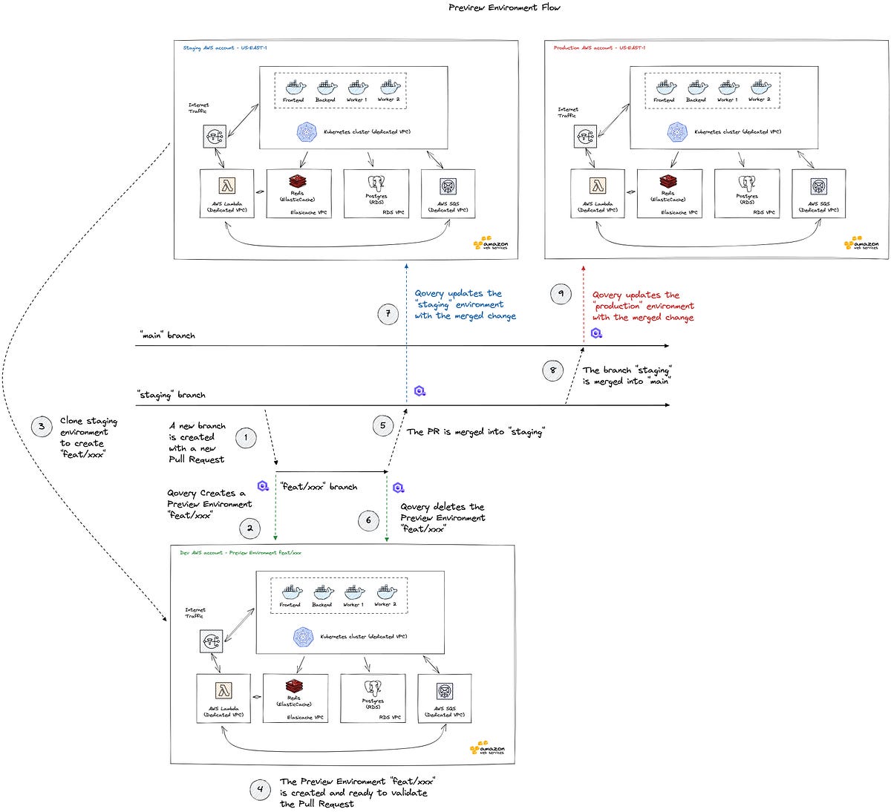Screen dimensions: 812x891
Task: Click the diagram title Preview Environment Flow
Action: [x=504, y=7]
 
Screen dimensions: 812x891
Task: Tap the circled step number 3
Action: [x=42, y=427]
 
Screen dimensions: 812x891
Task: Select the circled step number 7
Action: [x=388, y=315]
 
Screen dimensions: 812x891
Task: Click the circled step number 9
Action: [x=561, y=294]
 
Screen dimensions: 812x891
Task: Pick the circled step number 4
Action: [x=260, y=790]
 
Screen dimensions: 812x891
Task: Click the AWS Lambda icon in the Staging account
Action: [x=226, y=186]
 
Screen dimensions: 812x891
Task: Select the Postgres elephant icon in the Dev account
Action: [x=373, y=688]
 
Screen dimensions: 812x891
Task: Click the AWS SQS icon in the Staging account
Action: [x=448, y=186]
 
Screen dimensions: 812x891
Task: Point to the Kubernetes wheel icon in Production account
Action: [x=677, y=132]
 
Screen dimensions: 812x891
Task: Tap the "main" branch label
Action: [x=167, y=335]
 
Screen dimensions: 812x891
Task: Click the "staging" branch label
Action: [x=172, y=395]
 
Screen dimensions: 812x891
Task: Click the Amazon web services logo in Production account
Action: [x=861, y=243]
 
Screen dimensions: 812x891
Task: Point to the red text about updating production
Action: [x=643, y=306]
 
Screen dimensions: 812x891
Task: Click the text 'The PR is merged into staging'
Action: [x=475, y=431]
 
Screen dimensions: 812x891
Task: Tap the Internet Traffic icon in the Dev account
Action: [x=212, y=641]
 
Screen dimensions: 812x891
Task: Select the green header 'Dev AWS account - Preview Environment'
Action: [x=241, y=553]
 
